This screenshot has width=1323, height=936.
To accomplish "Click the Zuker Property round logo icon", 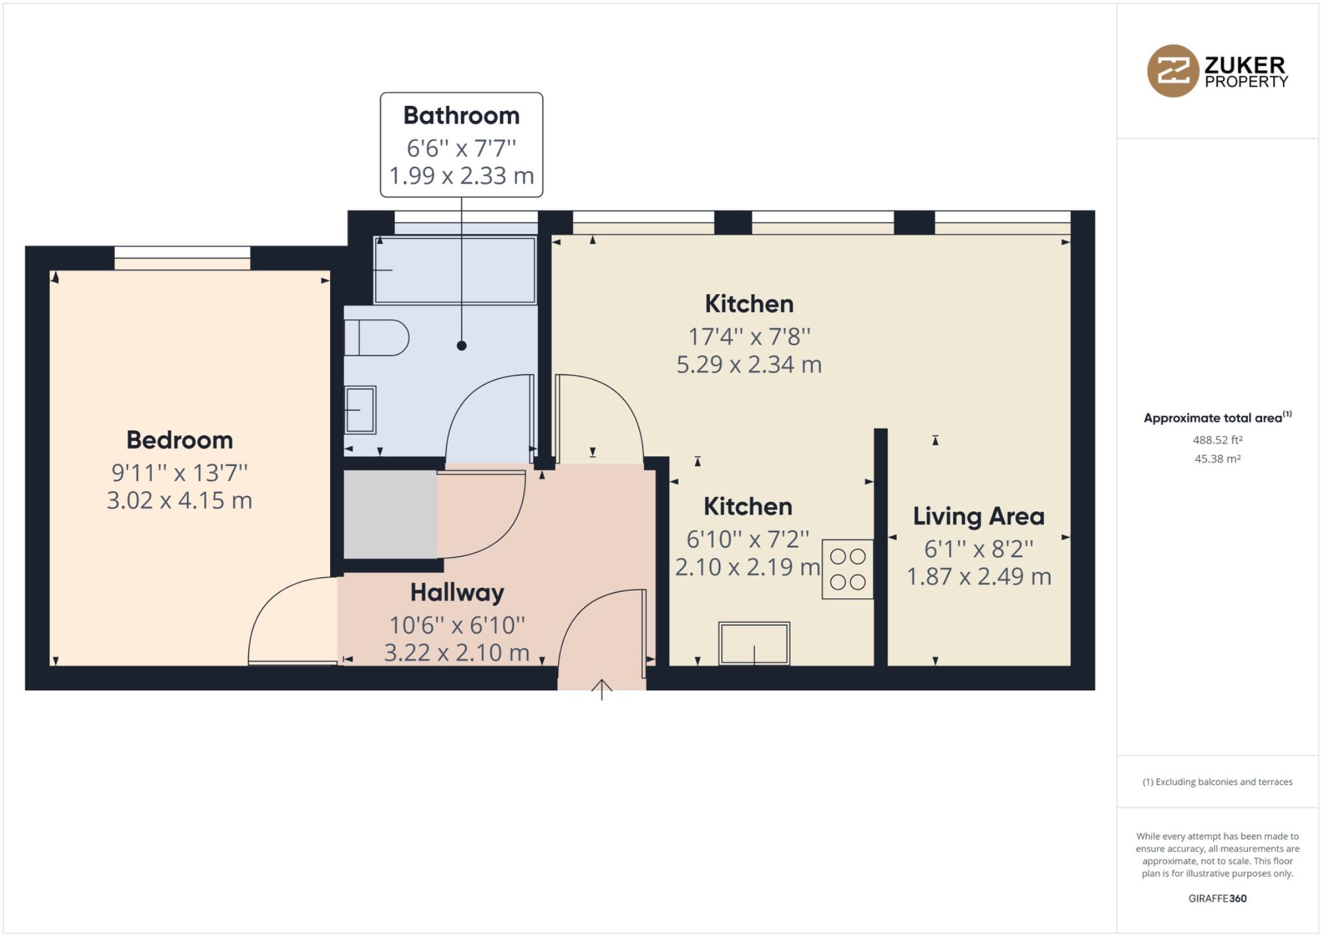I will tap(1173, 71).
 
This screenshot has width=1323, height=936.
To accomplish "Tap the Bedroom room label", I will tap(180, 440).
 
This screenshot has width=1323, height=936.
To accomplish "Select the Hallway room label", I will tap(457, 592).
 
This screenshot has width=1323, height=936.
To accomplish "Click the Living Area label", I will tap(979, 516).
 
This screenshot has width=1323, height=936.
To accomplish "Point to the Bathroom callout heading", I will tap(461, 116).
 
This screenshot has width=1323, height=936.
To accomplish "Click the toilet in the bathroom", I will tap(375, 337).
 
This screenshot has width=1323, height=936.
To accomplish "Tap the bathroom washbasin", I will tap(360, 410).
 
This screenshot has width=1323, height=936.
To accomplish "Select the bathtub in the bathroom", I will tap(455, 270).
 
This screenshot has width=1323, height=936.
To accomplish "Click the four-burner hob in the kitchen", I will tap(848, 569).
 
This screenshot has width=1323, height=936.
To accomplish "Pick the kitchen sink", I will tap(754, 643).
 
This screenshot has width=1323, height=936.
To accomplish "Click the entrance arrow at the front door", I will tap(602, 689).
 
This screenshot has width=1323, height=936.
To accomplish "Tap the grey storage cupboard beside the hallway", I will tap(390, 514).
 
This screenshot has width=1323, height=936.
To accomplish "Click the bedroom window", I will tap(182, 258).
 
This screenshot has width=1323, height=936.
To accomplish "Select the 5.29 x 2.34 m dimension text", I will tap(749, 365).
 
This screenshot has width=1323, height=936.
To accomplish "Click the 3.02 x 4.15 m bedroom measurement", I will tap(180, 501).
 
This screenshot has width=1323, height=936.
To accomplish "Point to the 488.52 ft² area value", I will tap(1217, 441).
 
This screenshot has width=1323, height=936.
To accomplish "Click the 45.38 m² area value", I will tap(1217, 459).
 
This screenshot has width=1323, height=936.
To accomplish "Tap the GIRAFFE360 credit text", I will tap(1217, 898).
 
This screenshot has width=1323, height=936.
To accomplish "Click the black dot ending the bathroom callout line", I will tap(461, 346).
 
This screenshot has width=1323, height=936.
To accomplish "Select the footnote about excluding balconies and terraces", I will tap(1217, 782).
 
